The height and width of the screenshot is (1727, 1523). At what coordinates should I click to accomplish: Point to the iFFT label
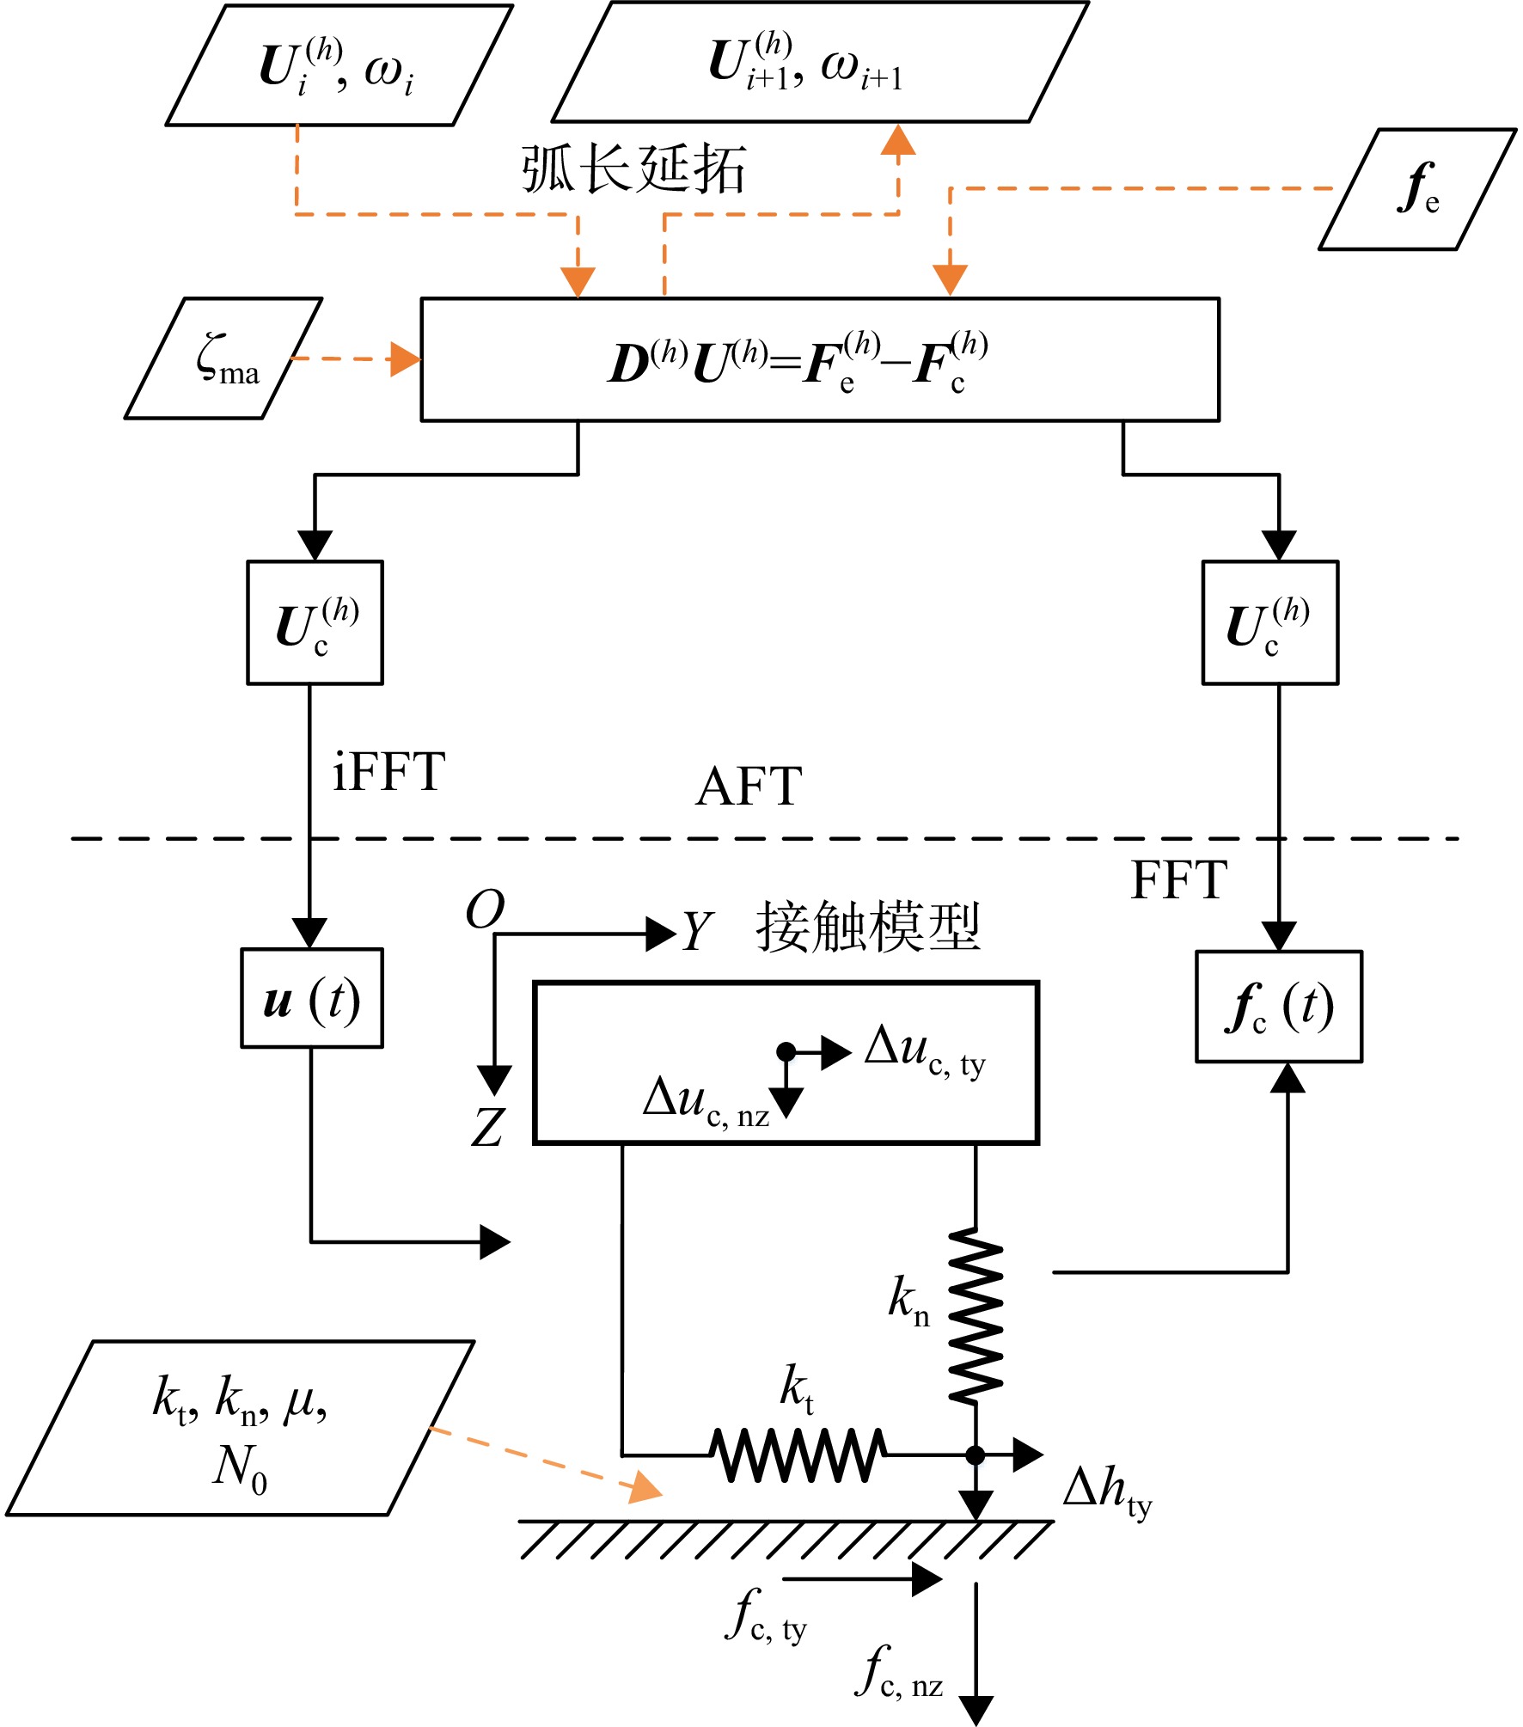click(x=388, y=771)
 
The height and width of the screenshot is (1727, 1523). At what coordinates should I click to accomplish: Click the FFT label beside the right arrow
click(x=1178, y=879)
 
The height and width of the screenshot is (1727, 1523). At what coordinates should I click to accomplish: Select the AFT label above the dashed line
click(x=749, y=786)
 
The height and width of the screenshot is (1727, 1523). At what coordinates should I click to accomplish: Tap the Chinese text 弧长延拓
click(x=633, y=168)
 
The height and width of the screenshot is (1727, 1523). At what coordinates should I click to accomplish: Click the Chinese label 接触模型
click(x=868, y=927)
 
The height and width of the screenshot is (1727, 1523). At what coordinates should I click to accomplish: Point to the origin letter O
click(x=485, y=909)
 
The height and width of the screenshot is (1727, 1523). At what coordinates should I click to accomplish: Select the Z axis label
click(x=487, y=1127)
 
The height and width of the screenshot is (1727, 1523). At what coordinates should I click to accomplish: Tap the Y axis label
click(x=697, y=930)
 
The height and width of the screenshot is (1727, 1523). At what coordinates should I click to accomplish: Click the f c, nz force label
click(x=899, y=1672)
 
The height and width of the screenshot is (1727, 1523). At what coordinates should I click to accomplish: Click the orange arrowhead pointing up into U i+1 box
click(x=898, y=139)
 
